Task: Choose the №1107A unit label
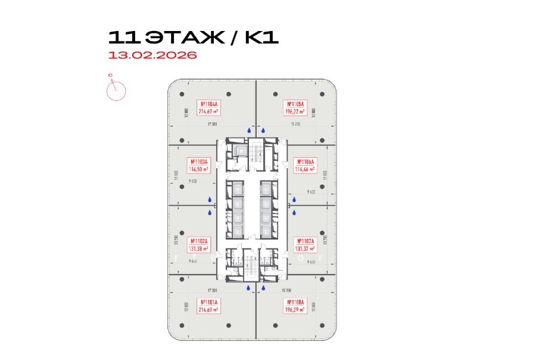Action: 307,244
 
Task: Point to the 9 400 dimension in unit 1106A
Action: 311,192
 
